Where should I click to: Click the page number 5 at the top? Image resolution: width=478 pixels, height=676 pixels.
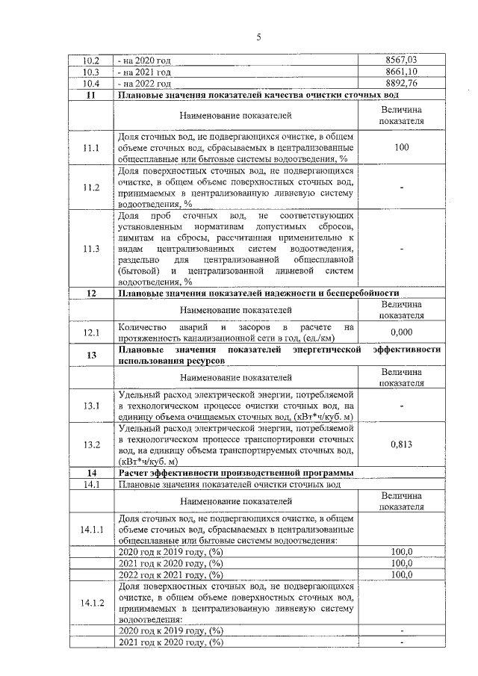coord(258,37)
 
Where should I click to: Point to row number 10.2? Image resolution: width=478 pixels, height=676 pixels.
coord(91,60)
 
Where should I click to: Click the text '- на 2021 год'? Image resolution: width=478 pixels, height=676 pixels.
coord(145,72)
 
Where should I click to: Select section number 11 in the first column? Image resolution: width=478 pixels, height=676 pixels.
coord(91,95)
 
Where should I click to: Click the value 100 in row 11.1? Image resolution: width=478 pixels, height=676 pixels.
coord(401,147)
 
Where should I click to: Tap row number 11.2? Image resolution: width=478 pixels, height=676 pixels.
coord(91,187)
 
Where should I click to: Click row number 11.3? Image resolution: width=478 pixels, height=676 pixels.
coord(91,249)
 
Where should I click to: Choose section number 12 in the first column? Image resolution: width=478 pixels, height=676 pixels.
coord(91,293)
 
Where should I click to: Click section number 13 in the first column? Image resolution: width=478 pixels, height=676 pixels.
coord(91,355)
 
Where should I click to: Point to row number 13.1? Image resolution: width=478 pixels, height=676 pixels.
coord(91,405)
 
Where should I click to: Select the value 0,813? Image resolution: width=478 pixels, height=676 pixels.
coord(401,444)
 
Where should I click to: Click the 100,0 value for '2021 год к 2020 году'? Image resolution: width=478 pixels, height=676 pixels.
coord(401,562)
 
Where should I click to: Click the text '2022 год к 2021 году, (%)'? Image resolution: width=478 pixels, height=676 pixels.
coord(172,574)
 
